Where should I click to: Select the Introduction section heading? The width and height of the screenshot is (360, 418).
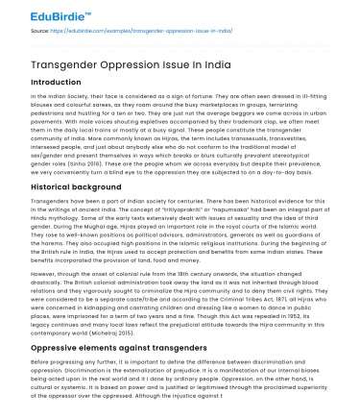click(56, 83)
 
